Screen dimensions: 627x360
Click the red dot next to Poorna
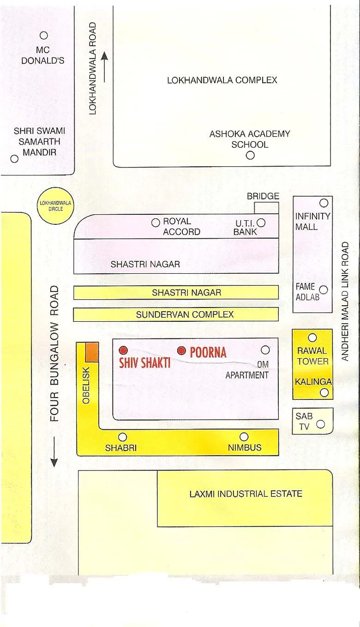[182, 350]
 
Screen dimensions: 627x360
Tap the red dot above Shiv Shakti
[123, 350]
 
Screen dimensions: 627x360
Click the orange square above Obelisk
[92, 352]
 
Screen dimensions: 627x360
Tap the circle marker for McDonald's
[44, 35]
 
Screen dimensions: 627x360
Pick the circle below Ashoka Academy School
[250, 156]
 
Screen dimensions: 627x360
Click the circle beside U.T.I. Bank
[261, 223]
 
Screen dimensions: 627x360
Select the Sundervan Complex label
[185, 314]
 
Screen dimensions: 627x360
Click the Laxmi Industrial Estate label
[246, 494]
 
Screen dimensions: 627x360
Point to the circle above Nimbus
[244, 437]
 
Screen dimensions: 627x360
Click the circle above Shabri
[123, 437]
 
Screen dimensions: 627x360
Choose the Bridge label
[263, 196]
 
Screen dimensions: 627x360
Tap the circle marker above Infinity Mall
[324, 203]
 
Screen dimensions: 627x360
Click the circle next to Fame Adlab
[324, 290]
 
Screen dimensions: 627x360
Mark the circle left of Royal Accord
[156, 223]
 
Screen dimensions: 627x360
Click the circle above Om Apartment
[265, 350]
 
